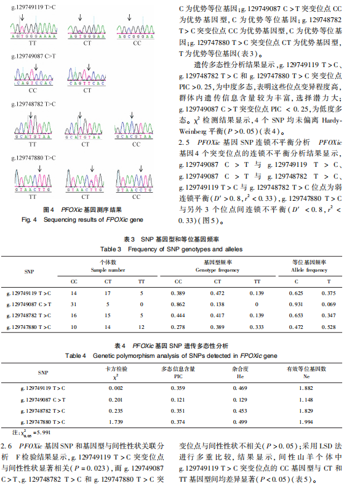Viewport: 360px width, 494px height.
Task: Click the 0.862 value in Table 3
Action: click(178, 304)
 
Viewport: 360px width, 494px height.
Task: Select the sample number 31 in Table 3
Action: click(74, 304)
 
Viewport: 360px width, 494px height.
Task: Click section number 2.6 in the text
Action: click(7, 445)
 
